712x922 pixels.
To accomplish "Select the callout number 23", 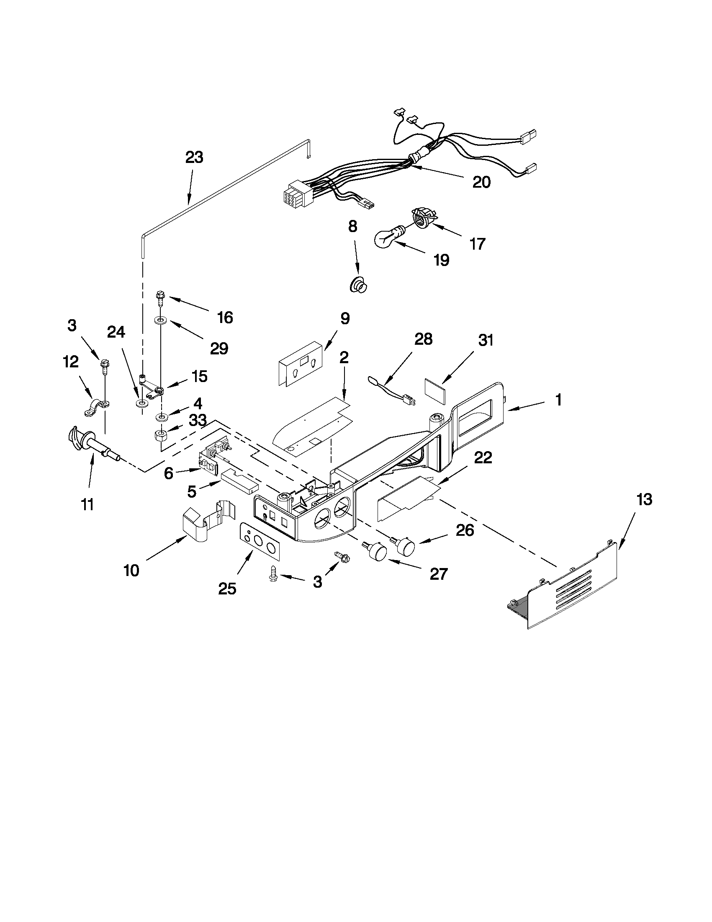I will click(x=194, y=157).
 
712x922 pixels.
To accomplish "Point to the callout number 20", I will click(x=481, y=182).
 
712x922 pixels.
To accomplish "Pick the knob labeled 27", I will click(x=377, y=552).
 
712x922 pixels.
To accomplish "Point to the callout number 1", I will click(x=558, y=399).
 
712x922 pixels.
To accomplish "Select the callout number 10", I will click(x=131, y=570).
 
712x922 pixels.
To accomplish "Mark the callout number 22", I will click(x=483, y=457).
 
